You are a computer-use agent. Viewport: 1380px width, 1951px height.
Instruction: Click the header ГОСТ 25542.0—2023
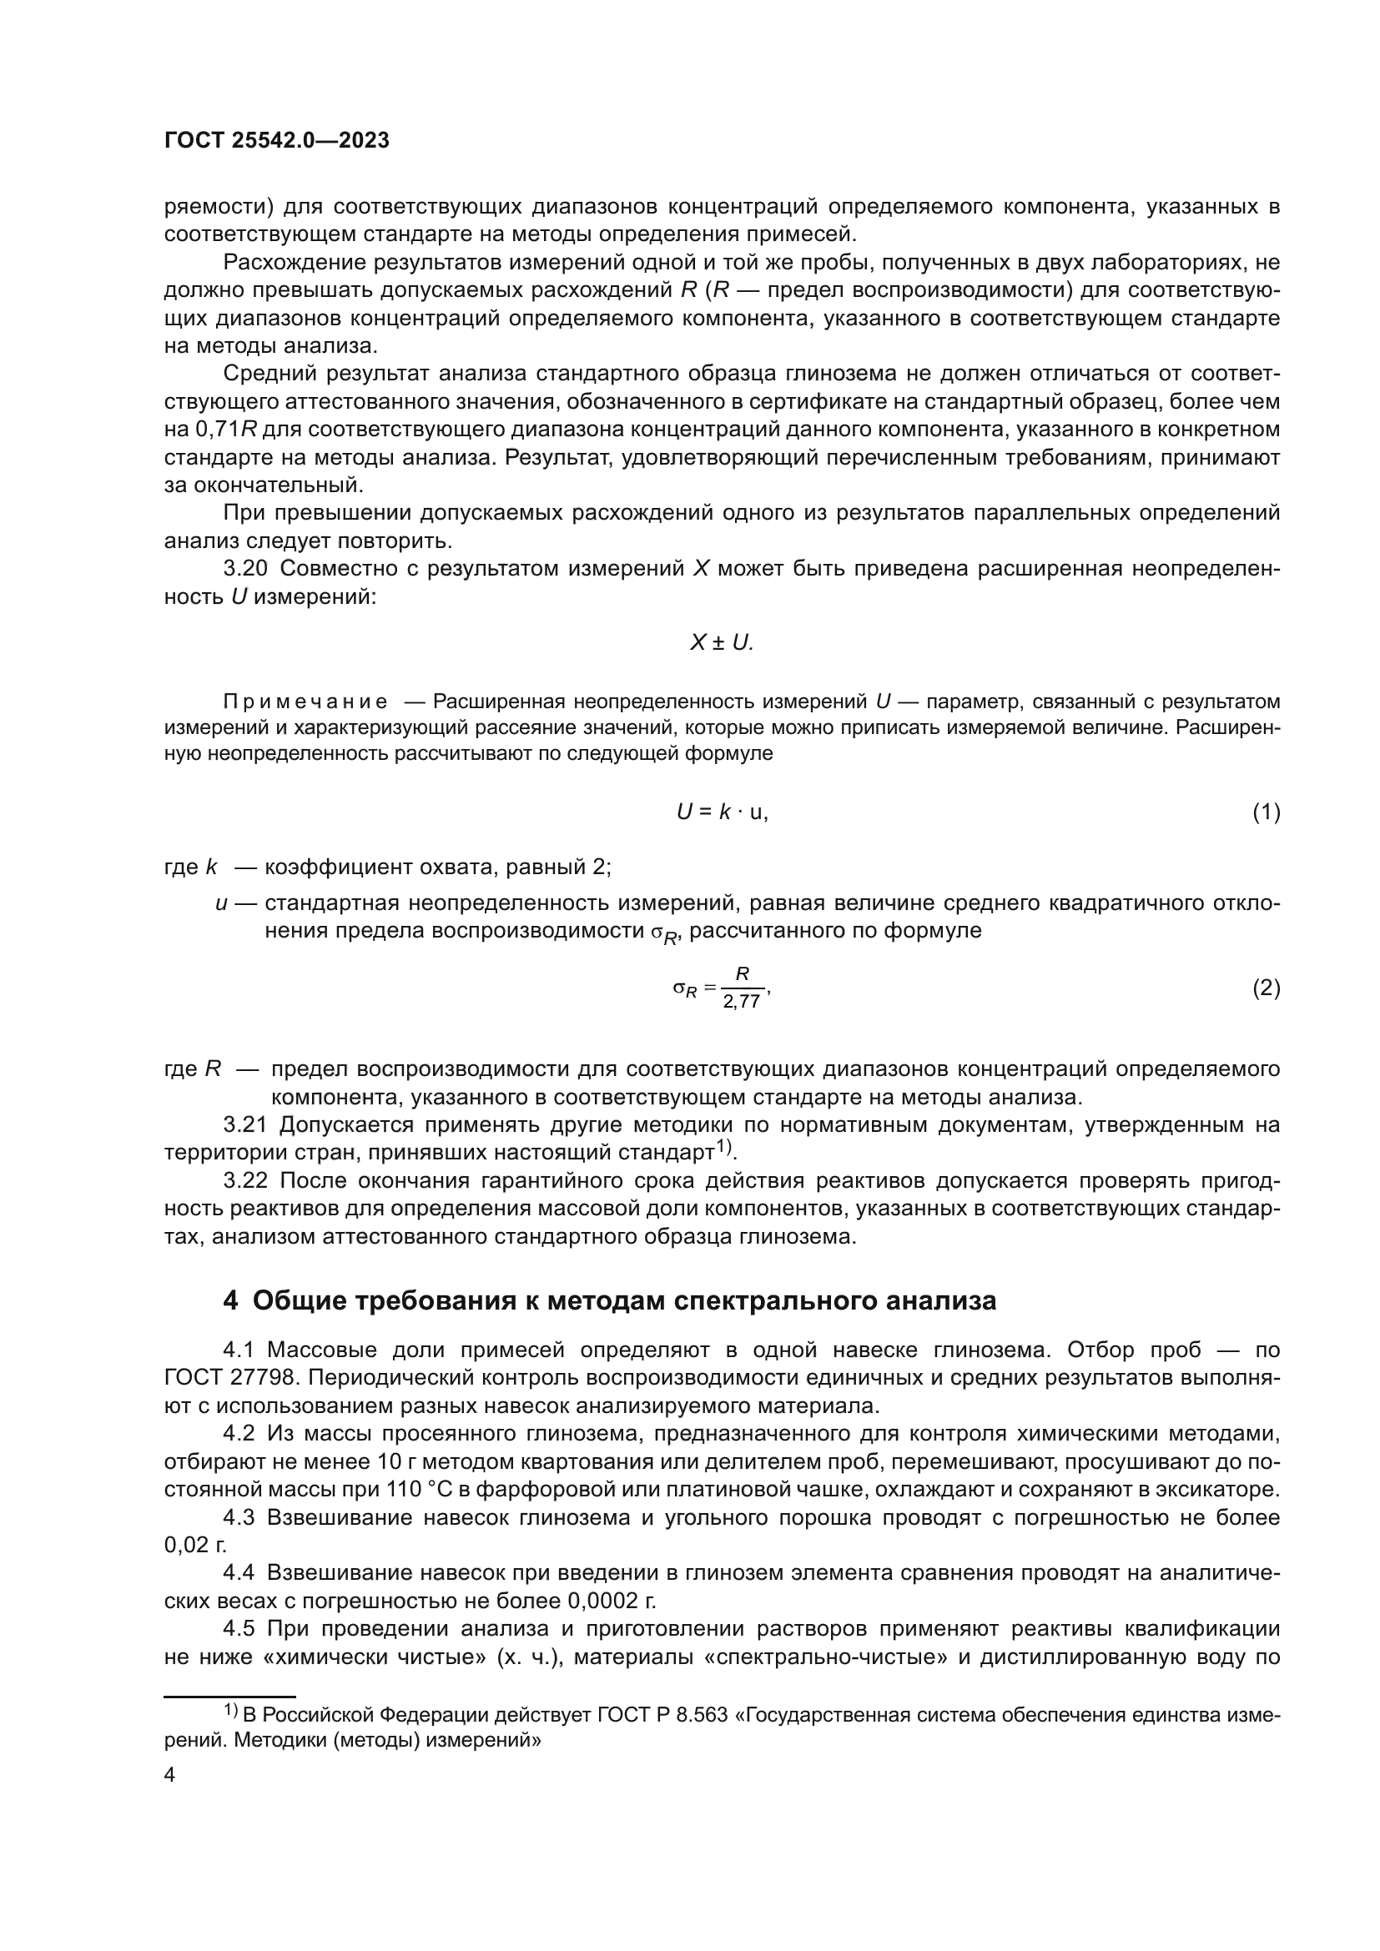click(276, 141)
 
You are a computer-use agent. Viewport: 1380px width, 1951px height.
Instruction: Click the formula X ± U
click(722, 643)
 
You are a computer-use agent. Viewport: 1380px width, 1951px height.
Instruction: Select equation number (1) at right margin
click(1266, 812)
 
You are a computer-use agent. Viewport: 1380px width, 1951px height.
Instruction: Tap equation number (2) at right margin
click(1266, 988)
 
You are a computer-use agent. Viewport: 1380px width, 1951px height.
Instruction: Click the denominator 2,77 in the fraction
click(741, 1003)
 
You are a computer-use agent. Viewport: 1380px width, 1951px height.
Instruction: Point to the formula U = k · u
click(722, 812)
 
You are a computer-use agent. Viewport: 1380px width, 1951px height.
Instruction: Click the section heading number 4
click(230, 1301)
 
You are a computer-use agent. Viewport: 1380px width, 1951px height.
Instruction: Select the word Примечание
click(305, 701)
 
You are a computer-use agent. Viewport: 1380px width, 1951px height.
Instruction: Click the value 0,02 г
click(195, 1546)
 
